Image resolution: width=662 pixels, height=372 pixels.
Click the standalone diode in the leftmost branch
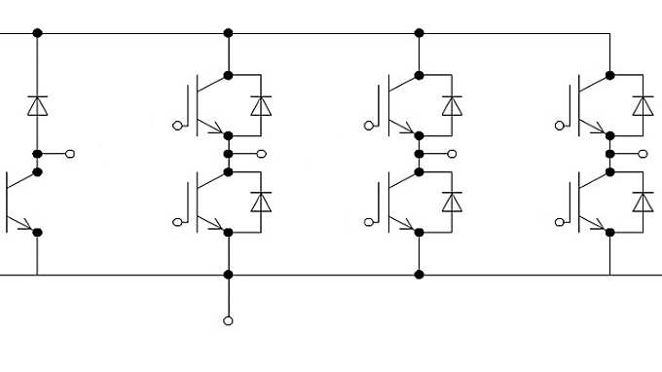(x=37, y=105)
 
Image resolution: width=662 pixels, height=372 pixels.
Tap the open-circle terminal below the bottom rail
(x=228, y=320)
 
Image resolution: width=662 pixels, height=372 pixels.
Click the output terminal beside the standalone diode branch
(x=71, y=153)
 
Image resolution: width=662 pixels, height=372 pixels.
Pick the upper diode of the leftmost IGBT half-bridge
(x=260, y=105)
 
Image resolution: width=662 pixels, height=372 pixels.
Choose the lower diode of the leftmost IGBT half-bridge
(x=260, y=202)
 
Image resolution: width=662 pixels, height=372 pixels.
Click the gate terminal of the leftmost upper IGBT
(x=176, y=125)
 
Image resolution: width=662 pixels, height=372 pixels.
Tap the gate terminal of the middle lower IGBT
(x=367, y=222)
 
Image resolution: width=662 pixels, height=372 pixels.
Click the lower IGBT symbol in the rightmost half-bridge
(x=590, y=202)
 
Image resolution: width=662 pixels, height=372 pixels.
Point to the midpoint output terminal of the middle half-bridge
(x=453, y=153)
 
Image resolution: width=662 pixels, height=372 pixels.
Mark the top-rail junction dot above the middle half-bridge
(x=419, y=33)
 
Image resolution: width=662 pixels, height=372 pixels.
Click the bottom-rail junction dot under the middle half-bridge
(x=419, y=275)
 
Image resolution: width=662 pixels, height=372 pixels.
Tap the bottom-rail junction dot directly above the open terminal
(x=228, y=275)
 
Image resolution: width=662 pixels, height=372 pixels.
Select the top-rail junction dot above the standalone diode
(x=37, y=33)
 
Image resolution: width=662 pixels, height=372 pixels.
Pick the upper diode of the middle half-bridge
(x=451, y=105)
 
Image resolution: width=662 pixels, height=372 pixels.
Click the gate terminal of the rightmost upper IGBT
(x=558, y=125)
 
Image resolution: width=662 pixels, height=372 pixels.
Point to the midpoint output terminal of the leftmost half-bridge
(x=262, y=153)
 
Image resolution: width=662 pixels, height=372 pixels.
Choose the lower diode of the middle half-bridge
(x=451, y=202)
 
